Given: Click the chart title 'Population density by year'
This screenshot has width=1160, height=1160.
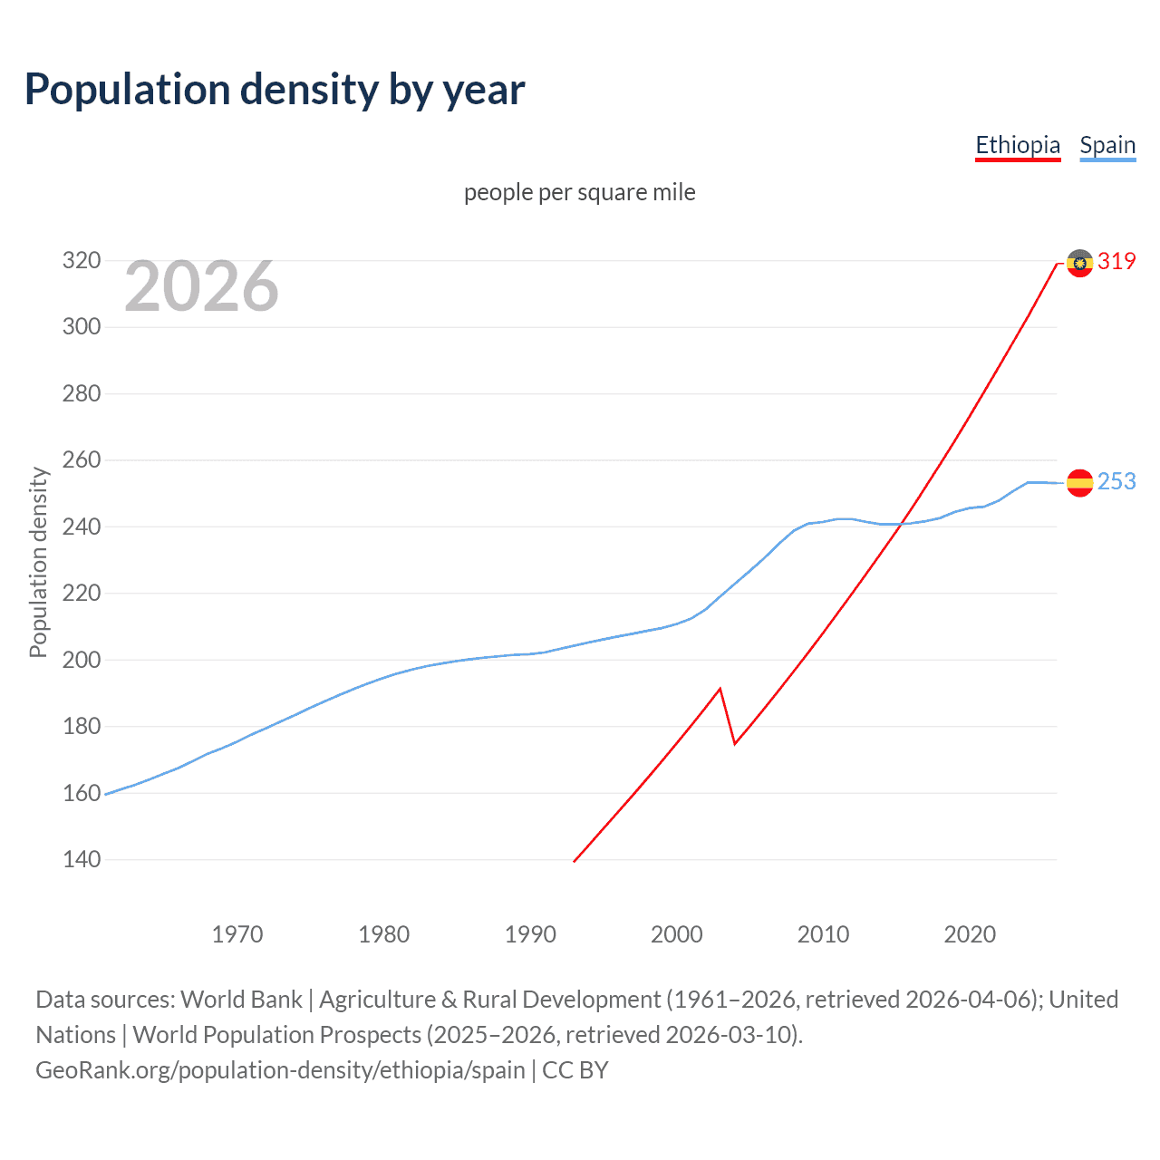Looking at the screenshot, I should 275,90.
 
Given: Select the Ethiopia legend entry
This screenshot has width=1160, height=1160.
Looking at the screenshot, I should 1017,145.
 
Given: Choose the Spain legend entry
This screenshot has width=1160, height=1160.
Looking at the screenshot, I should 1107,145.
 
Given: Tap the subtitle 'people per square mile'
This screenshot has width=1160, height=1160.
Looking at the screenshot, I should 579,192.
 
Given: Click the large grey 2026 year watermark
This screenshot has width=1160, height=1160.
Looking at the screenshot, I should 201,286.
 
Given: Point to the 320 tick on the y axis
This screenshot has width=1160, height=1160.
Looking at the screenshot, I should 81,261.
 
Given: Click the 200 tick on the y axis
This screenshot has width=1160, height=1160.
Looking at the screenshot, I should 81,660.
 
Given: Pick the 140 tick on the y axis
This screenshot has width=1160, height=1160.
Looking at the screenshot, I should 81,859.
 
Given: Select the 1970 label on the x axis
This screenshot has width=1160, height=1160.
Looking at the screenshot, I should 237,933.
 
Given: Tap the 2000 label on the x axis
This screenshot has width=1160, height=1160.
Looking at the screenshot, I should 677,933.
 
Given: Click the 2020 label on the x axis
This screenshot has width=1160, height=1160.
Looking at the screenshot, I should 970,933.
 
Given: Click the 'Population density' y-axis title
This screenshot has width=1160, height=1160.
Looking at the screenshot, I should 38,562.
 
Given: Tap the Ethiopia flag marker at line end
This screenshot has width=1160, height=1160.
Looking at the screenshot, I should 1079,263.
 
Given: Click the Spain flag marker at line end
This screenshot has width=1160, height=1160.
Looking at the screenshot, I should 1079,483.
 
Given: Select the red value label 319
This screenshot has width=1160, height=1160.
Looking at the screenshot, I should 1116,262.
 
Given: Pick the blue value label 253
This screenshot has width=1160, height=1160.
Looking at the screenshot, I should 1116,482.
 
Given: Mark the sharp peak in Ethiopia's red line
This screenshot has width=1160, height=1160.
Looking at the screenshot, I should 720,689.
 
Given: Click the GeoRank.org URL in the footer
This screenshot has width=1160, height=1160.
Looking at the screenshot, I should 280,1070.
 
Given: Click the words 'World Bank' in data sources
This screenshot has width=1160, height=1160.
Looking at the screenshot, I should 241,1000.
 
